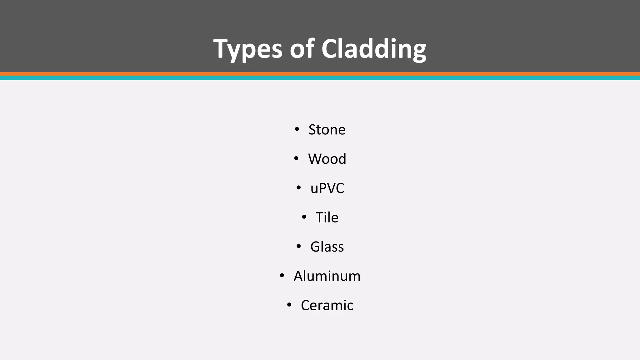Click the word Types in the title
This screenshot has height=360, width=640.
pos(247,49)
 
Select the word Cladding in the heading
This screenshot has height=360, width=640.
pos(374,49)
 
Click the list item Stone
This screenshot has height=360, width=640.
pos(327,130)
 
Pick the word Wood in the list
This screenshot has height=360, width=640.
pos(327,159)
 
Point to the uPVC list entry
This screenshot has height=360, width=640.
pos(327,188)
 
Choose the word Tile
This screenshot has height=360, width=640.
pos(327,217)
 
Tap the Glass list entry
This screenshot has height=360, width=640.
pos(327,247)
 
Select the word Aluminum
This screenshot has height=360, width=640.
pos(327,276)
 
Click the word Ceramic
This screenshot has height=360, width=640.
pos(327,305)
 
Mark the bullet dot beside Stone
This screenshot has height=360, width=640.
pos(297,129)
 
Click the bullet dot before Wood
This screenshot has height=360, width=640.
pos(296,158)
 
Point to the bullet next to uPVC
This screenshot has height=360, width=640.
pos(299,188)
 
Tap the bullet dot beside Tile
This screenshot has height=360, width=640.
pos(304,217)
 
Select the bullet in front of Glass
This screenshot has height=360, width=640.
pos(299,246)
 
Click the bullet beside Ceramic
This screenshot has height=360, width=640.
pos(289,305)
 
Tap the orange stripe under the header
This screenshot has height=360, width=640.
pos(320,74)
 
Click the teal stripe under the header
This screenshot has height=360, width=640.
pos(320,78)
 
